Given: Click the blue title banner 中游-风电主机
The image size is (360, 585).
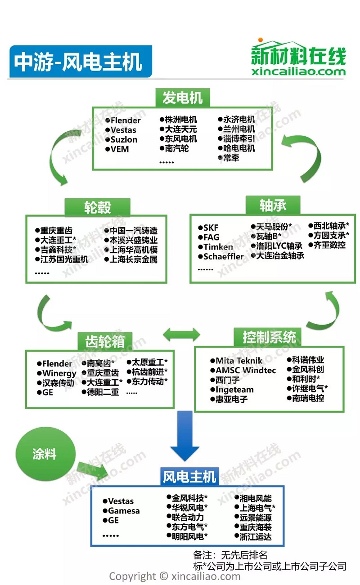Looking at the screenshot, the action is coord(81,61).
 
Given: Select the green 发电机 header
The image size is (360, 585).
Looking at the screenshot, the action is coord(183,98).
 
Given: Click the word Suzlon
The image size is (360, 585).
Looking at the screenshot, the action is coord(124,139).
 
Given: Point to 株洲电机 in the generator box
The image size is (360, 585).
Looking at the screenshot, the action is coord(180,120).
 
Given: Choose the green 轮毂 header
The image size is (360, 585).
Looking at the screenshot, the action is coord(98,207).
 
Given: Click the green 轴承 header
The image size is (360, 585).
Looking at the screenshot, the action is coord(273,205).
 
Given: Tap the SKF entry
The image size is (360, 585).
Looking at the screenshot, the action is coord(211,228).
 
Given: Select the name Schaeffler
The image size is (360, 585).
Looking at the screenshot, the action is coord(223,256).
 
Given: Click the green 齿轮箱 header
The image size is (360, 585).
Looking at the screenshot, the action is coord(105,341).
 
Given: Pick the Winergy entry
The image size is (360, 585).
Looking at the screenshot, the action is coord(59,373).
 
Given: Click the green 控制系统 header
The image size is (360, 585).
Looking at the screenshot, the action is coord(269,337).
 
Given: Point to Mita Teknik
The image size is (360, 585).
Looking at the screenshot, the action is coord(238,361).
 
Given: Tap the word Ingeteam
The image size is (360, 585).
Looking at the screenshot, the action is coord(234,389).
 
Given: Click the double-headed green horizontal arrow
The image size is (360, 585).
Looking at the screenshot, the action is coord(181,334).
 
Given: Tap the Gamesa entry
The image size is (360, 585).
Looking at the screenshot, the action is coord(124,510).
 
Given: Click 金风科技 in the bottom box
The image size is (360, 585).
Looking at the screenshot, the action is coord(188,498).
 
